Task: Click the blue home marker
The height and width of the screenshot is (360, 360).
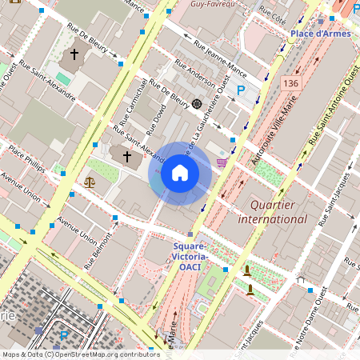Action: click(180, 174)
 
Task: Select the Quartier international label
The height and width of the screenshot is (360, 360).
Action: click(272, 211)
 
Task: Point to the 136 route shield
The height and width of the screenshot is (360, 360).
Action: click(290, 82)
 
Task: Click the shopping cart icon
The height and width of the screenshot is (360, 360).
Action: click(222, 162)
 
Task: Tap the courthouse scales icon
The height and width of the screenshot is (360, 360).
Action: click(89, 182)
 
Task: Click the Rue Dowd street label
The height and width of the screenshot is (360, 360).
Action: click(158, 119)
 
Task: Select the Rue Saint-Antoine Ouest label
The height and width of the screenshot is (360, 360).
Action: click(330, 109)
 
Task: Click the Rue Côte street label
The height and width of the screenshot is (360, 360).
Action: click(273, 14)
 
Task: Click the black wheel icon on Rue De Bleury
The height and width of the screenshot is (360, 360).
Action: click(197, 104)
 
